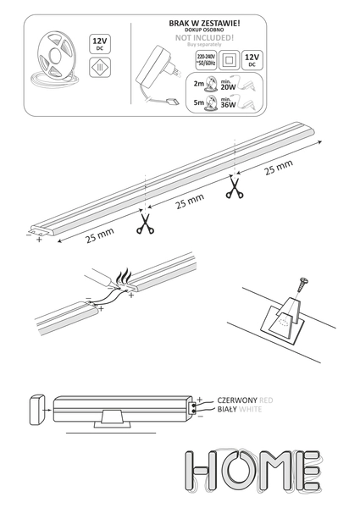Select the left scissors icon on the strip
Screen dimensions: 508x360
[145, 226]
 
